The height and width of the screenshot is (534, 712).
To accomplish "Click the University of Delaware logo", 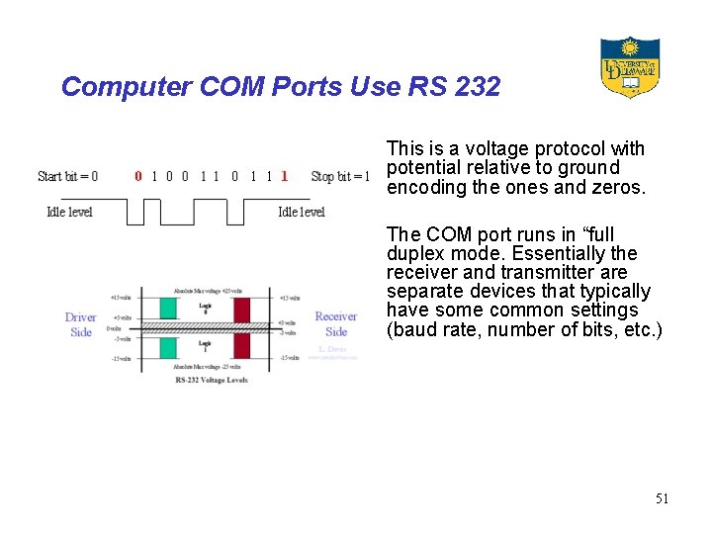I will pos(630,67).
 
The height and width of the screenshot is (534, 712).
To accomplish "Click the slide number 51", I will pos(662,498).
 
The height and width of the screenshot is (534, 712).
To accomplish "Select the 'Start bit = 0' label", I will pos(67,177).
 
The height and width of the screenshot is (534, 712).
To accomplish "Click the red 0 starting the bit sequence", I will pos(138,177).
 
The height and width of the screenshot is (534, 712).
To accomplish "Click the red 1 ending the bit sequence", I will pos(285,177).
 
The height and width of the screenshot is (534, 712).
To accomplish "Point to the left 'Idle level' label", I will pos(69,212).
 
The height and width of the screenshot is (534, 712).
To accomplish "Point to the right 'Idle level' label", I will pos(302,212).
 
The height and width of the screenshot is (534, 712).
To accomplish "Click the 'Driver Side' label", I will pos(81,324).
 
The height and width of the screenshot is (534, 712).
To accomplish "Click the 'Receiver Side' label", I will pos(336,324).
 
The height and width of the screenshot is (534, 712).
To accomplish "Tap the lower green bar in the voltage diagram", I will pos(161,345).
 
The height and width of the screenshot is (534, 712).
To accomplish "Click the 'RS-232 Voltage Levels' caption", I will pos(211,379).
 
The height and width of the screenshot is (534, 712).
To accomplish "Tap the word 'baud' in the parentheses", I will pos(407,328).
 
